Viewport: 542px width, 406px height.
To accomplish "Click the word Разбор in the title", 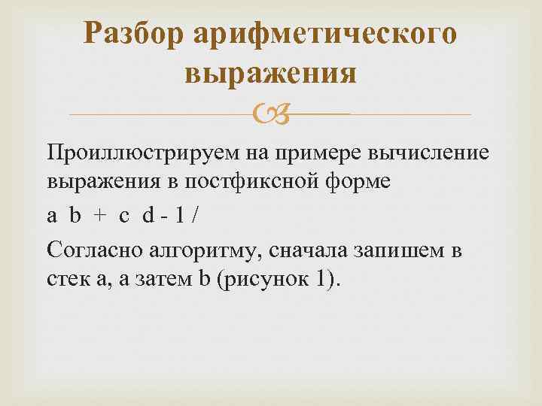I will coord(135,34).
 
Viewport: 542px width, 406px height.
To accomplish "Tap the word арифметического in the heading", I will coord(326,34).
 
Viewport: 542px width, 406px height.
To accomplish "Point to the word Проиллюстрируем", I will coord(141,153).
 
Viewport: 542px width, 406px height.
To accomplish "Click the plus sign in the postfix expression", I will coord(99,217).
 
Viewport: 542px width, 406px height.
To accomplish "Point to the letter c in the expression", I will coord(124,217).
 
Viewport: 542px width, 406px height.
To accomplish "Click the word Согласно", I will coord(90,249).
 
